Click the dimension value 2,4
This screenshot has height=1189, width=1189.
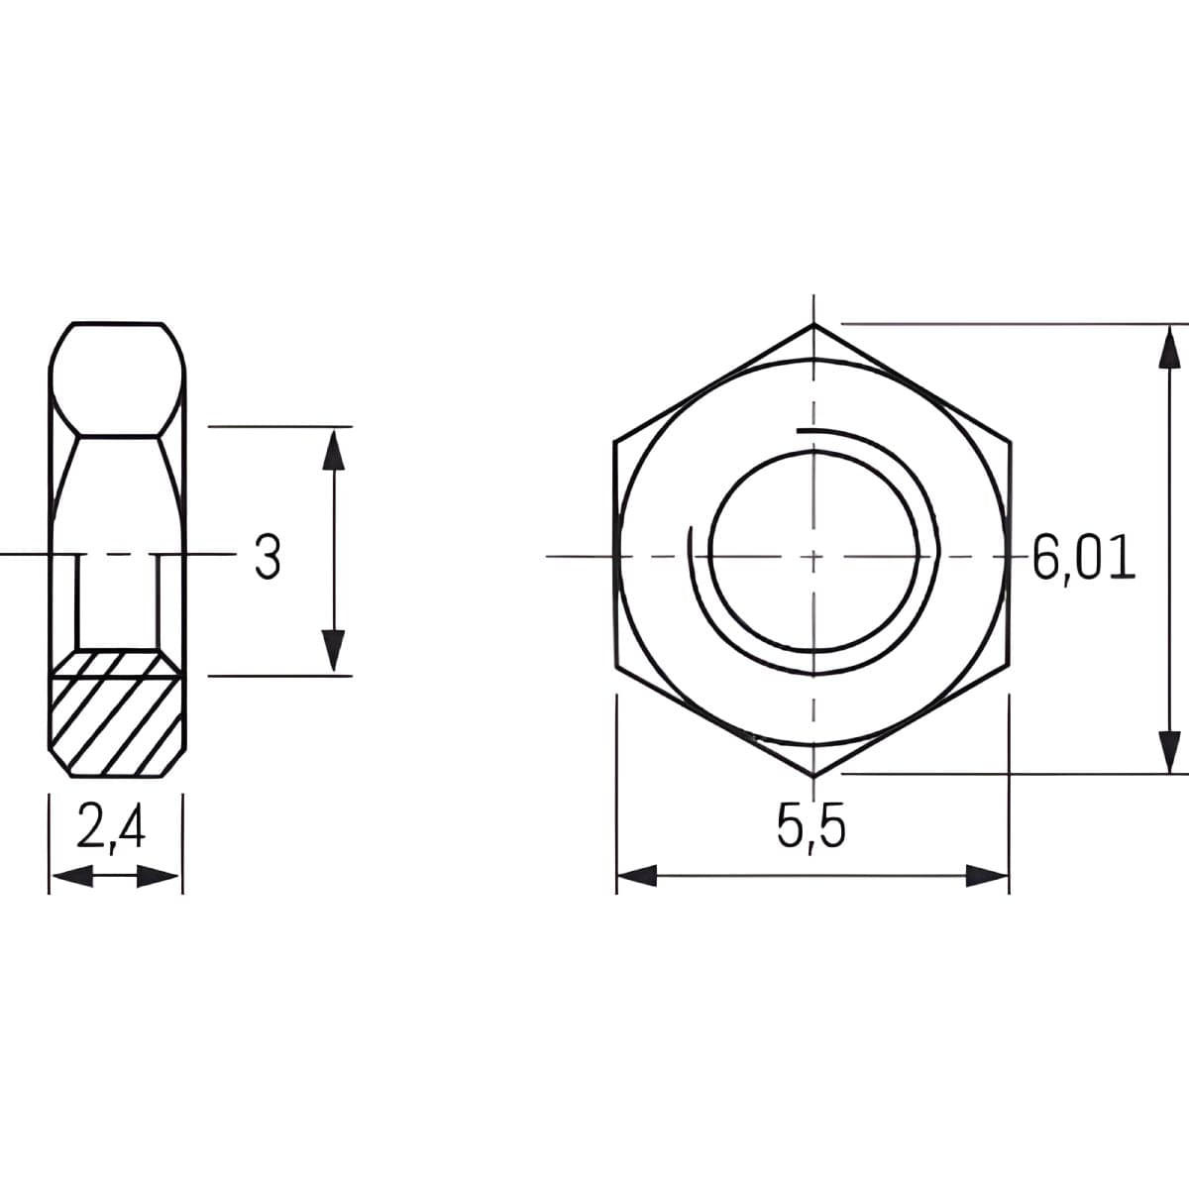(112, 830)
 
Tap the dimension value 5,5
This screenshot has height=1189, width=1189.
(811, 828)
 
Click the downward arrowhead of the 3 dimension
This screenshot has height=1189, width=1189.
(335, 652)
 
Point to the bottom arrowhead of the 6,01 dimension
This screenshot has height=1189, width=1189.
(1171, 751)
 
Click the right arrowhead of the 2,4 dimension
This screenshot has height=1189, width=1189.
(160, 876)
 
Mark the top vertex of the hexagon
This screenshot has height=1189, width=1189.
(813, 324)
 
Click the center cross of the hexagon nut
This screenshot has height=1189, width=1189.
(812, 556)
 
